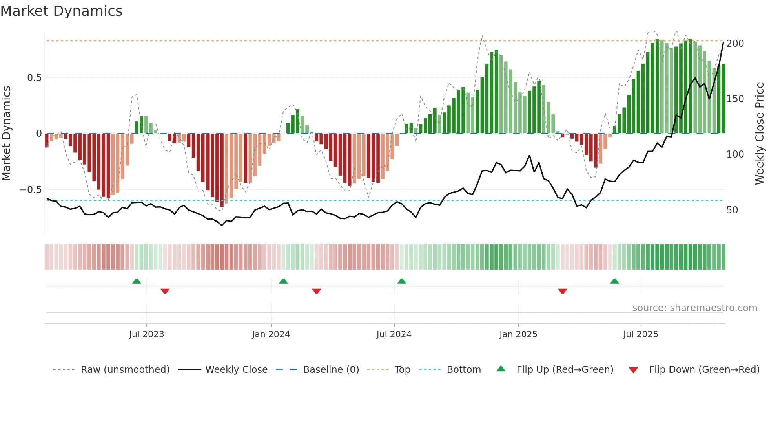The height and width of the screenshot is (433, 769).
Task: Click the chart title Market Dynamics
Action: pos(61,11)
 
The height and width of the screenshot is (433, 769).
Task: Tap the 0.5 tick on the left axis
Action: pos(34,78)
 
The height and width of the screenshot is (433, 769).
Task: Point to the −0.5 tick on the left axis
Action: pos(31,190)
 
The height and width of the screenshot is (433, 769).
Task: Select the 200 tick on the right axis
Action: pos(735,44)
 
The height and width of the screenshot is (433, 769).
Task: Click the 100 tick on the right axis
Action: pos(735,154)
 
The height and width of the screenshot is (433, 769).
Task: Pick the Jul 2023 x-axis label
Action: pos(146,334)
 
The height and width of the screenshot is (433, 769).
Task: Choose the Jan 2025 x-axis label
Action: pos(518,334)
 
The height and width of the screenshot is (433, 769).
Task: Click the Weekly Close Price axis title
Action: pos(760,134)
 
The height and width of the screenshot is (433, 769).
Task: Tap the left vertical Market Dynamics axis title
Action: pos(6,134)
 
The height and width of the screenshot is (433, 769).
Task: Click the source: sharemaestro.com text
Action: pos(694,308)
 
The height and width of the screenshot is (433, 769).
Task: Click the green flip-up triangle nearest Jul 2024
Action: pos(401,281)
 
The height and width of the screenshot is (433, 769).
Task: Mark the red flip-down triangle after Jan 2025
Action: pos(562,291)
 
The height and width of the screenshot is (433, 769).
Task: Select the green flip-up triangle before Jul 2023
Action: pos(137,281)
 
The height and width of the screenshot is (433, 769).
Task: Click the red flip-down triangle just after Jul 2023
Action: pos(165,291)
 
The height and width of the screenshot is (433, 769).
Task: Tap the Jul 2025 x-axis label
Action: pos(640,334)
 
